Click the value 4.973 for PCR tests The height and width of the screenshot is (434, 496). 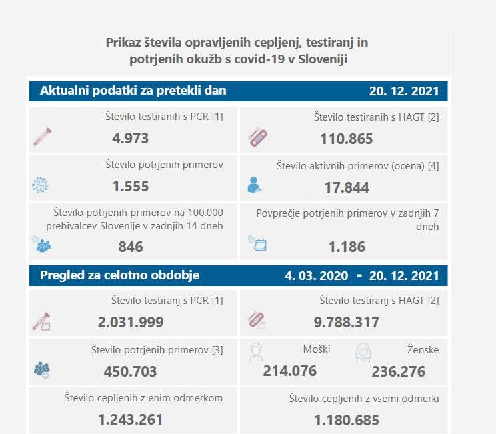point(130,139)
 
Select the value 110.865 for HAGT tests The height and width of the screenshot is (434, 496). point(347,139)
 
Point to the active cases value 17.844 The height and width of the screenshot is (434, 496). point(347,187)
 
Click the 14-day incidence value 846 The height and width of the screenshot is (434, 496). point(131,247)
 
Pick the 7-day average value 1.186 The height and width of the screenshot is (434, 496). point(347,247)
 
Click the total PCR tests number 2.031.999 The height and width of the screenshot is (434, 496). point(131,323)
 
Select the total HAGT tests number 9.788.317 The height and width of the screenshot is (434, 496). point(347,323)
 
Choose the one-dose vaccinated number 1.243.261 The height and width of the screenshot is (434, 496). point(131,420)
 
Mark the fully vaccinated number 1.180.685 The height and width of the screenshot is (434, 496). point(347,420)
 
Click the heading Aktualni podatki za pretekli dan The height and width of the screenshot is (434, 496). point(133,91)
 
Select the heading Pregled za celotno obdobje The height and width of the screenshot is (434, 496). point(119,275)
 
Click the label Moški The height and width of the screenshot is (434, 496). point(316,349)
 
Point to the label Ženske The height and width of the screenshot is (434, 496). point(423,349)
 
